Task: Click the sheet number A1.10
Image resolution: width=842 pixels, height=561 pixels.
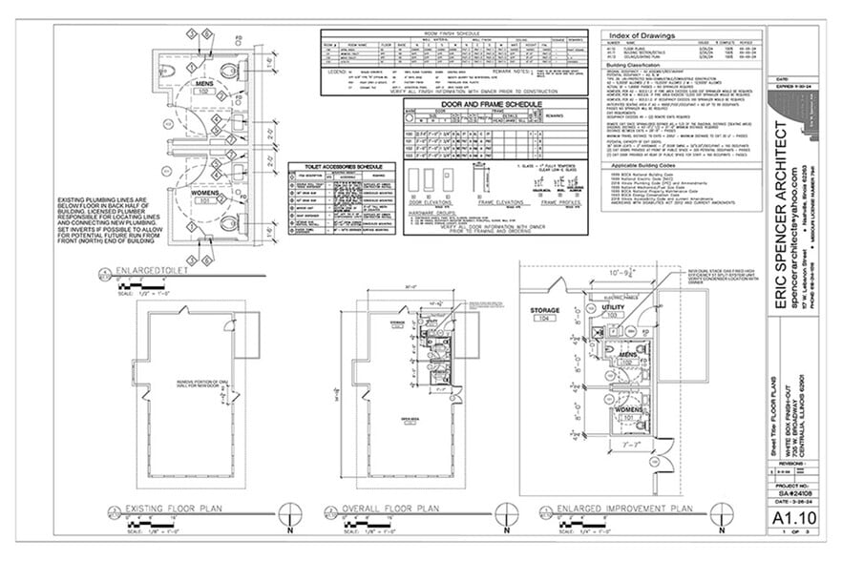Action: coord(788,515)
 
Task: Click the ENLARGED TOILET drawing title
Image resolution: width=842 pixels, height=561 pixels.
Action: coord(152,275)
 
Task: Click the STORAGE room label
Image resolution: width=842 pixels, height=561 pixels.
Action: coord(545,312)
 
